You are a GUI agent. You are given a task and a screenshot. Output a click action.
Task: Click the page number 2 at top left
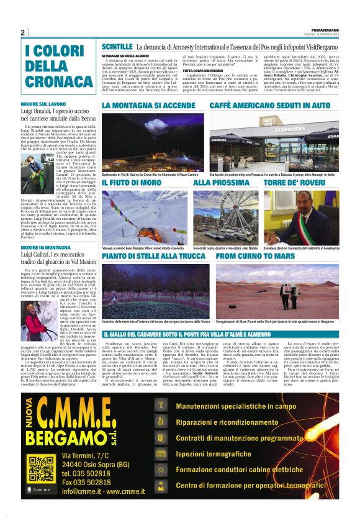click(x=23, y=32)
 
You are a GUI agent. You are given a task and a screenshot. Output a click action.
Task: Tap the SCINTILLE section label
click(x=117, y=47)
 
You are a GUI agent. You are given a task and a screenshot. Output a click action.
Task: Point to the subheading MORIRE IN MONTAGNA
click(x=45, y=247)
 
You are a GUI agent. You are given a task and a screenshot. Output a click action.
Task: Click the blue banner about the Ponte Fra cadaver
click(x=220, y=335)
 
